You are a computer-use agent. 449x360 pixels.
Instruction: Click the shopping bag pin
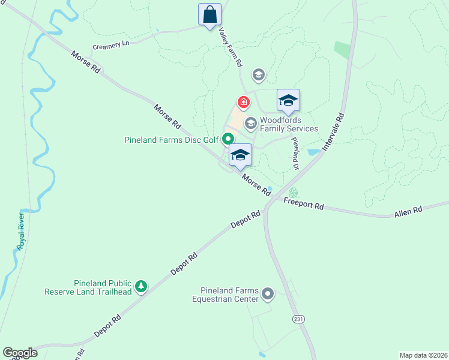209,14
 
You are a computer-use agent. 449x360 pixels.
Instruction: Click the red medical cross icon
243,102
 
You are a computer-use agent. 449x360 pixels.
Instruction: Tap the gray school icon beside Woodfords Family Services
250,124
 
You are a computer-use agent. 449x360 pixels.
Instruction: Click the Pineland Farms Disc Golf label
172,140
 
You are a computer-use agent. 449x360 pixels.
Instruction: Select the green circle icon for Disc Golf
228,139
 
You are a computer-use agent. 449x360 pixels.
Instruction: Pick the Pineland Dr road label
295,153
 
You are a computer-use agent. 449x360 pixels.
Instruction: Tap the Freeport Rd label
304,204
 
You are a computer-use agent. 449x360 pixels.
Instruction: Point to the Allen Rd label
408,211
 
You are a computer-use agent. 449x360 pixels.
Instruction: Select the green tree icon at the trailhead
141,287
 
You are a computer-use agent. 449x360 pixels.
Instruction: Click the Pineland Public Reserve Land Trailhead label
88,287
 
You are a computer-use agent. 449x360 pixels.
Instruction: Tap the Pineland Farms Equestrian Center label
225,295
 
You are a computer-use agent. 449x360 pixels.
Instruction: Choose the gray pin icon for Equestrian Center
268,295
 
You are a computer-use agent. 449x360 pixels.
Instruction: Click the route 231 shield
298,319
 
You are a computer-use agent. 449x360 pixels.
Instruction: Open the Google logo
20,353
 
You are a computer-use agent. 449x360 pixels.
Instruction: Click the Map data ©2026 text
423,355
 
